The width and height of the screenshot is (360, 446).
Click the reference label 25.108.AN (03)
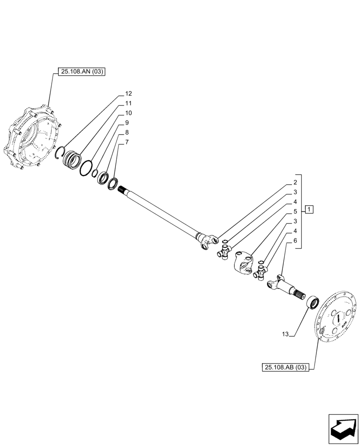pos(81,71)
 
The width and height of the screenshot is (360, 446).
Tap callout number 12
pos(128,94)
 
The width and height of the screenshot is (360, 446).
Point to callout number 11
pos(128,103)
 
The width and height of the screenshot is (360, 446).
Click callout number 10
pos(128,113)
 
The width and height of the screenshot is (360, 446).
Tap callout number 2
pos(295,182)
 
